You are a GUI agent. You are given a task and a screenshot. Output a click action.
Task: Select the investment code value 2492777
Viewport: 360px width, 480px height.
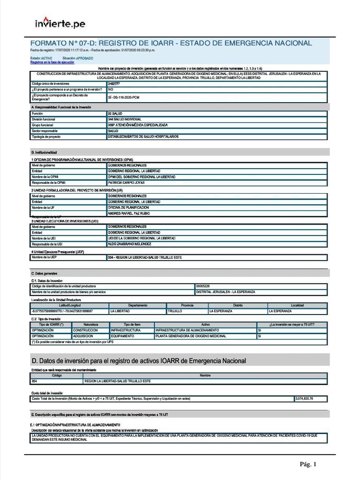click(x=114, y=83)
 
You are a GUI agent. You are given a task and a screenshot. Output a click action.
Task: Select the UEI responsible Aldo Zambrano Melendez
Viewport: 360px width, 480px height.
click(x=130, y=244)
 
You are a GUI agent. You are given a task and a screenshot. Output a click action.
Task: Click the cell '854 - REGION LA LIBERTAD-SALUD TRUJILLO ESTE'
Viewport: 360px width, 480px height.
click(x=144, y=257)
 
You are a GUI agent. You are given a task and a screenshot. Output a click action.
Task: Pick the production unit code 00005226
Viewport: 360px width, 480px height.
click(x=203, y=286)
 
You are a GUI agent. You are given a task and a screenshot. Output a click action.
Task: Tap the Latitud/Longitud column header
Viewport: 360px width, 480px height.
click(x=69, y=305)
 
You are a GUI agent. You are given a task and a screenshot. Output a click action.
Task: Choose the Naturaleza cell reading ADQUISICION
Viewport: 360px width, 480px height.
click(x=85, y=336)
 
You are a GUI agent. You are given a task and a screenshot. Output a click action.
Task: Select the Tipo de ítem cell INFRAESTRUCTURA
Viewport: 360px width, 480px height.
click(x=125, y=330)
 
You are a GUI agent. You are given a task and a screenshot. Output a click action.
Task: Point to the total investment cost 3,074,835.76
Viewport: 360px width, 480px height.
click(x=304, y=398)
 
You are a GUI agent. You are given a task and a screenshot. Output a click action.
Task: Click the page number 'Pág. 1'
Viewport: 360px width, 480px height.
click(x=308, y=465)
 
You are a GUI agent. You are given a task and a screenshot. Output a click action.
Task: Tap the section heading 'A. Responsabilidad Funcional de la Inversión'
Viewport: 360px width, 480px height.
click(x=61, y=107)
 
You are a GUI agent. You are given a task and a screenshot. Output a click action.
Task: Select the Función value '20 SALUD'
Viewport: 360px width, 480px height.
click(x=115, y=114)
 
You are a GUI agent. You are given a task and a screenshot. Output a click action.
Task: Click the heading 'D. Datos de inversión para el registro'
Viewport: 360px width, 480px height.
click(x=138, y=360)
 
